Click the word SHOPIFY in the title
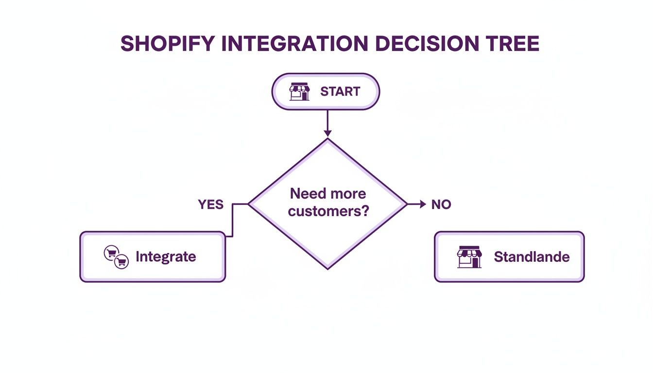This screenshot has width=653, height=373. point(167,44)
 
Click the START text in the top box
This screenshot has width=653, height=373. point(340,91)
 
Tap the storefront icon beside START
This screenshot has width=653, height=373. point(299,91)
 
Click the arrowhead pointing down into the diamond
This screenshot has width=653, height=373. point(327,133)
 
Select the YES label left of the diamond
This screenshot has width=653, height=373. point(211,204)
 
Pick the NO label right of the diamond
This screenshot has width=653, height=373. point(441,204)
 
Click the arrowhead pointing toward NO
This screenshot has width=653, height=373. point(422,204)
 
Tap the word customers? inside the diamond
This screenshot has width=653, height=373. point(328,212)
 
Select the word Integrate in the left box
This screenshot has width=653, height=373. point(166,256)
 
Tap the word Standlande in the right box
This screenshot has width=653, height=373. point(532,256)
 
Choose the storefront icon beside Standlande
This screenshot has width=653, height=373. point(469,257)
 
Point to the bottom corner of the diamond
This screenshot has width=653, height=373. point(328,268)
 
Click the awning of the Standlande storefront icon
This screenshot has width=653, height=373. point(469,252)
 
